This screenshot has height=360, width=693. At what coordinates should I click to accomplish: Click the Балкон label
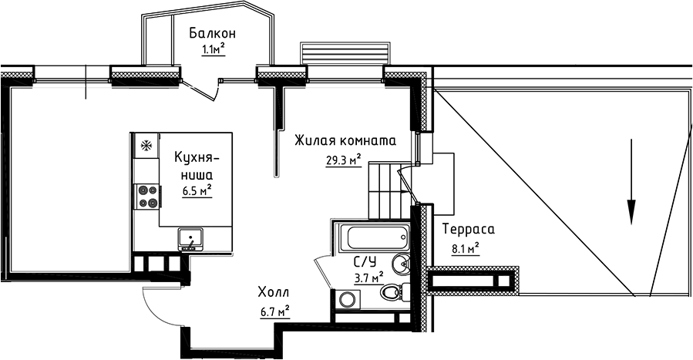point(212,33)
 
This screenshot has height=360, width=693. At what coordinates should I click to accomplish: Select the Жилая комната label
point(345,142)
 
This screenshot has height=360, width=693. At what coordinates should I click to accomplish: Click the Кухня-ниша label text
point(197,166)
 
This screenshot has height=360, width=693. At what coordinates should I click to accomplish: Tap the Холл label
point(273,293)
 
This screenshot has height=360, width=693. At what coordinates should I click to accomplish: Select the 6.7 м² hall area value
point(274,311)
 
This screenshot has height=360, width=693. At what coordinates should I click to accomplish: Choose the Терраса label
point(468,230)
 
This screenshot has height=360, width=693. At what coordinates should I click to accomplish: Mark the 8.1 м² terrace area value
point(465,248)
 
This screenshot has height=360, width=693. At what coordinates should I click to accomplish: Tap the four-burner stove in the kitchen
point(146,197)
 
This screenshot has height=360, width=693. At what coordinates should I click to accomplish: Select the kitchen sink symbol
point(189,239)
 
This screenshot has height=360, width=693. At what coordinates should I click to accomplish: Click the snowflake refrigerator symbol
point(143,144)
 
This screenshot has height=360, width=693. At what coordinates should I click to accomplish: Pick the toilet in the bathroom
point(392,292)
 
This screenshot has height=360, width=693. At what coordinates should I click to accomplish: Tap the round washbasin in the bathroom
point(402,264)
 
